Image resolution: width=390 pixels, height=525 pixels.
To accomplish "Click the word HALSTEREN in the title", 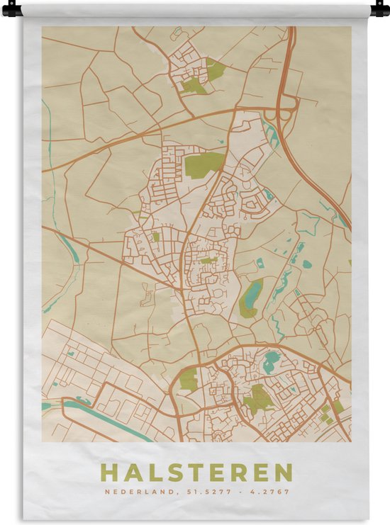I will [196, 473].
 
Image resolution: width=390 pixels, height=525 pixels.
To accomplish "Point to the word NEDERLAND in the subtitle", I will [131, 492].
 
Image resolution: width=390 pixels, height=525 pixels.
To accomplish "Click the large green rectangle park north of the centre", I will [204, 164].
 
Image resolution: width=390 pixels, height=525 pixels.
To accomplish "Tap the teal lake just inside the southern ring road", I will [272, 363].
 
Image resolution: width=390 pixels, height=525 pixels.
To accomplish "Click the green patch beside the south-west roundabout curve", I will [189, 379].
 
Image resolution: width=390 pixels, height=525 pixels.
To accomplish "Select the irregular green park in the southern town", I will [259, 400].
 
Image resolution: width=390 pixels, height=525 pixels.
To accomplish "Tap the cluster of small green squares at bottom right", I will [329, 413].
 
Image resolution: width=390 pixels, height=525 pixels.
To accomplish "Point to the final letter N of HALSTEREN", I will [284, 473].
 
